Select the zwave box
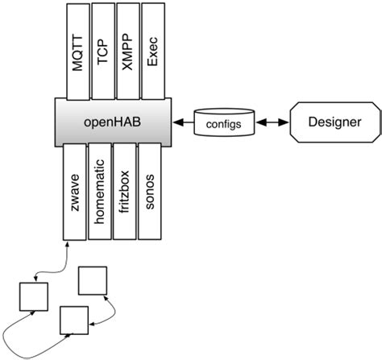coord(74,193)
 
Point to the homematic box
coord(99,193)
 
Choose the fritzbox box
coord(124,193)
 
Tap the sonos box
coord(149,193)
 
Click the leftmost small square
coord(33,295)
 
